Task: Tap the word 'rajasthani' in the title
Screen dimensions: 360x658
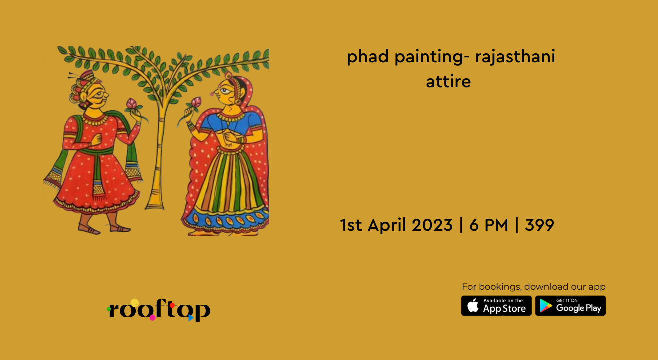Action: click(x=515, y=57)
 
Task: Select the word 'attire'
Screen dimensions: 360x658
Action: click(x=448, y=81)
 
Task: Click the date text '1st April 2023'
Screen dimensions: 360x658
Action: click(x=396, y=225)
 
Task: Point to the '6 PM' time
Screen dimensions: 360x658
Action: click(x=489, y=225)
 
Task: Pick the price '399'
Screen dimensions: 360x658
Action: click(x=539, y=225)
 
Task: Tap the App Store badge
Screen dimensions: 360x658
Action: click(x=496, y=306)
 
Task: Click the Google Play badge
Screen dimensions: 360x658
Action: click(x=570, y=306)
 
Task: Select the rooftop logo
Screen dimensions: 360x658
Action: click(x=159, y=310)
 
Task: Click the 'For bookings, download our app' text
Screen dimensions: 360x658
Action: click(x=533, y=287)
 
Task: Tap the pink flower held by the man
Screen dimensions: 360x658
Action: click(x=132, y=104)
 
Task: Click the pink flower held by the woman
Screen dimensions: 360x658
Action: click(x=196, y=103)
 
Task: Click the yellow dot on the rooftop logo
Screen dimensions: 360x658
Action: click(x=135, y=302)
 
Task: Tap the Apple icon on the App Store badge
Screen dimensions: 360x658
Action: click(x=472, y=306)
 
